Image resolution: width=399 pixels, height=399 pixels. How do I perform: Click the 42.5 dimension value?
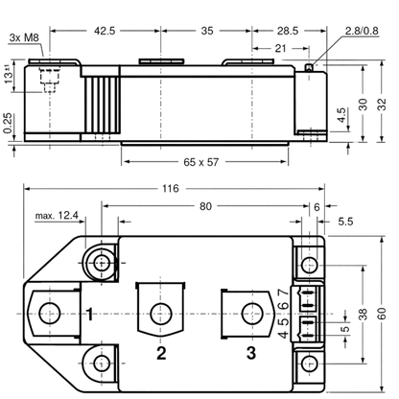(x=105, y=31)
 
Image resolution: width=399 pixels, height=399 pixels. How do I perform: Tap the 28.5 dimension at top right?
(x=288, y=31)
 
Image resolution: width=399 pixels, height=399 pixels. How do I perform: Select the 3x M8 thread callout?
(x=24, y=37)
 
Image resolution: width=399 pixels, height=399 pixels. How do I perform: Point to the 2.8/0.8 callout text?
(x=362, y=31)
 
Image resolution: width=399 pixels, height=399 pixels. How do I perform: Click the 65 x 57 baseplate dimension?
(x=200, y=162)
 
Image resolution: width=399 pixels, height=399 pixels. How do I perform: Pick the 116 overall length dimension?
(x=170, y=189)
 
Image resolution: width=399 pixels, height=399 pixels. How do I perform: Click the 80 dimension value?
(x=205, y=206)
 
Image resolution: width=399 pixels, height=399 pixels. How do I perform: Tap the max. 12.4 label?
(x=57, y=216)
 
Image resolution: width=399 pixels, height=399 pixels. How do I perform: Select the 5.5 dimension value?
(x=345, y=222)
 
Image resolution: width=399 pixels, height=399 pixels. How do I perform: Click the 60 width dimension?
(x=382, y=314)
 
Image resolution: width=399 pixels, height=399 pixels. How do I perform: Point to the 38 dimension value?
(x=363, y=315)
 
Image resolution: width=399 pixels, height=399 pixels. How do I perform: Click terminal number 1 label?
(x=90, y=315)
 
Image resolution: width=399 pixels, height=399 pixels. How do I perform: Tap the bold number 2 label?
(x=161, y=353)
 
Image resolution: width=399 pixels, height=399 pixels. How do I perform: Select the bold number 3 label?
(x=251, y=353)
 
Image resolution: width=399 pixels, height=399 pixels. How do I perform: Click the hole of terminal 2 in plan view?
(x=161, y=314)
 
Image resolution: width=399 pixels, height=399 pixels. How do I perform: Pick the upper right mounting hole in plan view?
(x=310, y=265)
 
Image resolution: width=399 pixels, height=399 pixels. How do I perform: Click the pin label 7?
(x=283, y=293)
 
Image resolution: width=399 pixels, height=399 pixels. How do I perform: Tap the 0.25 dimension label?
(x=9, y=123)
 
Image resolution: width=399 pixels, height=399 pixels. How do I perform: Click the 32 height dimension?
(x=382, y=105)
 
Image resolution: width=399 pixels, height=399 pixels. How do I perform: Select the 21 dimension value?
(x=280, y=49)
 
